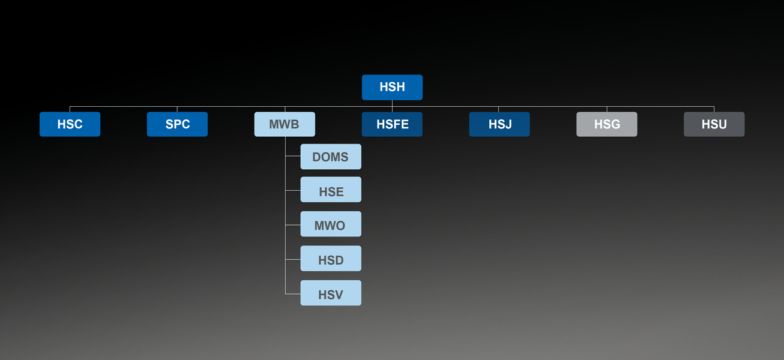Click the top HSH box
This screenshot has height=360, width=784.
tap(392, 87)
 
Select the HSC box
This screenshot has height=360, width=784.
tap(70, 124)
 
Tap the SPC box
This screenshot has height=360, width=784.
tap(177, 124)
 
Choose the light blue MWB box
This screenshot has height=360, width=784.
tap(285, 124)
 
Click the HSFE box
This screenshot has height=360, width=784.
tap(392, 124)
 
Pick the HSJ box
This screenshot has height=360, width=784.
tap(499, 124)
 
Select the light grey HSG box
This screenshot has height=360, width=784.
tap(607, 124)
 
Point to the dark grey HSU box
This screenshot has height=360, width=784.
tap(714, 124)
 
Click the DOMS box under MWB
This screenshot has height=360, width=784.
tap(331, 157)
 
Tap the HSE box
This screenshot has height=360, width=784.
tap(331, 191)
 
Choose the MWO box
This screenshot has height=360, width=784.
tap(331, 226)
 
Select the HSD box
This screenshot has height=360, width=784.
tap(331, 260)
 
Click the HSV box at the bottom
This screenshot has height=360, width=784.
tap(331, 294)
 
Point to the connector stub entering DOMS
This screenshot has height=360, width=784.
tap(293, 157)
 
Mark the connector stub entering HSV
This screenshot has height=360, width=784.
tap(293, 293)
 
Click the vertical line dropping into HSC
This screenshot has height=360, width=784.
tap(70, 109)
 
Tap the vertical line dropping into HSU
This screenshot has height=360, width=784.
tap(714, 109)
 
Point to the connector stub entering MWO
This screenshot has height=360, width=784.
tap(293, 225)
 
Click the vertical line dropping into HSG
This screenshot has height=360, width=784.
tap(607, 109)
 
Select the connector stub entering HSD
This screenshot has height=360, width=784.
tap(293, 259)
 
